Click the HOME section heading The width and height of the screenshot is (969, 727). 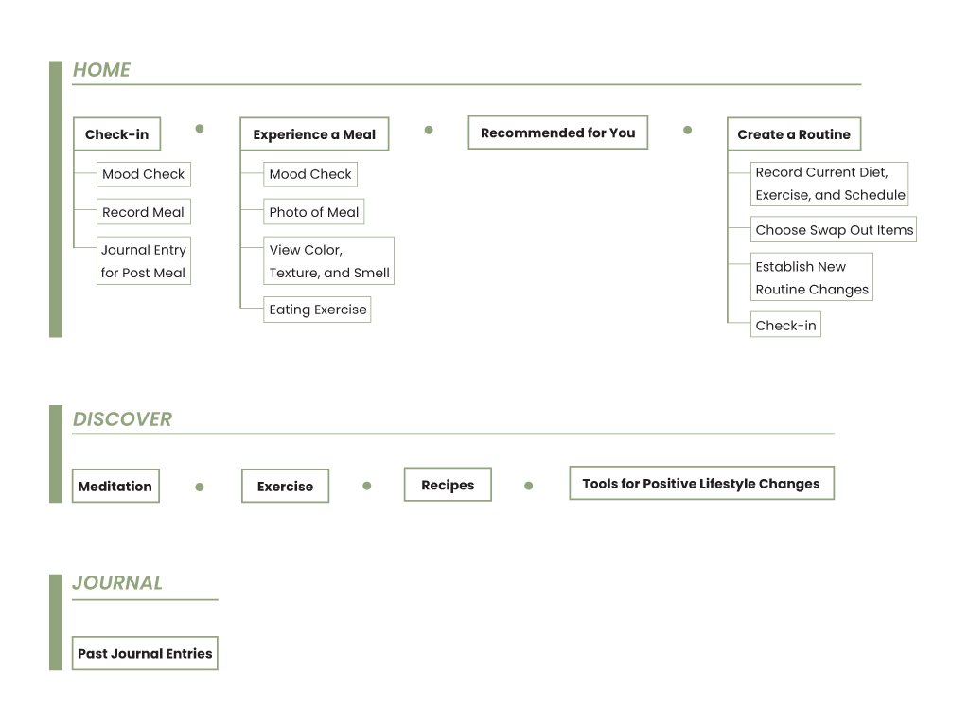(101, 70)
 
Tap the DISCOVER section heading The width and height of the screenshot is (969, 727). (122, 419)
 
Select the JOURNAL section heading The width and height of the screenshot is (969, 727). (117, 583)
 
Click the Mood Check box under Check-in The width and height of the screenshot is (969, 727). (144, 174)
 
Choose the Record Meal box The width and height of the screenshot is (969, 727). (144, 212)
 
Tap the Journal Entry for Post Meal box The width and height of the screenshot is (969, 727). (144, 260)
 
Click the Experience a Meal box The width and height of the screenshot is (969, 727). (314, 134)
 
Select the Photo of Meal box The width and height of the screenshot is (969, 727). (314, 212)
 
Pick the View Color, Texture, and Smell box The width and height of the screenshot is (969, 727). (328, 260)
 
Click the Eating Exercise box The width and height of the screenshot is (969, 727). (317, 310)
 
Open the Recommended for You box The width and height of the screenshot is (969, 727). (558, 133)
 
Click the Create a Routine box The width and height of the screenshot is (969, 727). (794, 134)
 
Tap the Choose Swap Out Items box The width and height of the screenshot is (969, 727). (834, 230)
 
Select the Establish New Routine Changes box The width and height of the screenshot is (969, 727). (811, 277)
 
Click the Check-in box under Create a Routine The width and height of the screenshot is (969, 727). (785, 326)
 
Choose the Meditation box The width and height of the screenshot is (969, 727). (115, 487)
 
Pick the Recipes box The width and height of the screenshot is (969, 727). (448, 485)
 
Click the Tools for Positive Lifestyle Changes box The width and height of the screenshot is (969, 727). (701, 484)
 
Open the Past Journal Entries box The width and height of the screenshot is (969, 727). (145, 653)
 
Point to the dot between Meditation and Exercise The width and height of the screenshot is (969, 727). (200, 487)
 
